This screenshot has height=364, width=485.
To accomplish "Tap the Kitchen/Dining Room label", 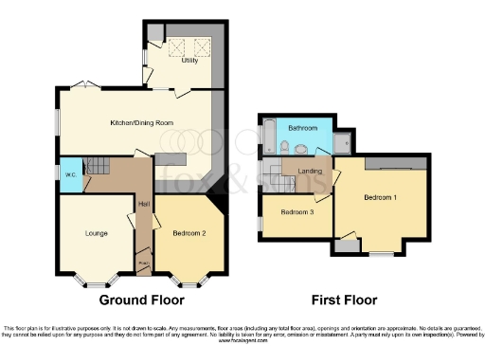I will pyautogui.click(x=141, y=123).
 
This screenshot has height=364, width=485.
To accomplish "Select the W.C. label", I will pyautogui.click(x=71, y=173).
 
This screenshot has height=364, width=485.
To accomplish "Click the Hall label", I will pyautogui.click(x=144, y=205).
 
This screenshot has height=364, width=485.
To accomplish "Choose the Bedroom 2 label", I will pyautogui.click(x=190, y=232).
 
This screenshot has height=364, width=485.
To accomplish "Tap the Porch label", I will pyautogui.click(x=143, y=264).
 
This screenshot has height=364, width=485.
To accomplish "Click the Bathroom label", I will pyautogui.click(x=303, y=127).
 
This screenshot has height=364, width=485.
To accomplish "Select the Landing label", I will pyautogui.click(x=309, y=171).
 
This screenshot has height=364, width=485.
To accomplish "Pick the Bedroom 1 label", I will pyautogui.click(x=380, y=197).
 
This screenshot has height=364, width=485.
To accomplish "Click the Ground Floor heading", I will pyautogui.click(x=141, y=300).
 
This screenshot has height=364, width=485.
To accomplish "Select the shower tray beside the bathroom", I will pyautogui.click(x=343, y=143).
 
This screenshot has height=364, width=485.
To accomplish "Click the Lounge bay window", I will pyautogui.click(x=95, y=281).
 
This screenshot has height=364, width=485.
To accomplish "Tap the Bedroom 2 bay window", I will pyautogui.click(x=190, y=281).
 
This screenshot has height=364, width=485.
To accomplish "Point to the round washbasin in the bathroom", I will pyautogui.click(x=302, y=147).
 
